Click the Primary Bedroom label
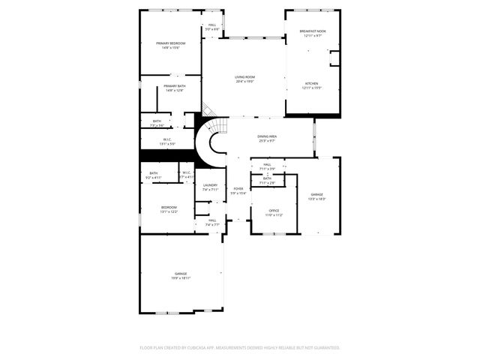point(171,43)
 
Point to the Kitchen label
point(311,83)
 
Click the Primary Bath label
point(175,86)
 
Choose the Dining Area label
point(267,136)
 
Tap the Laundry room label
point(210,185)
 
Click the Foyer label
point(238,189)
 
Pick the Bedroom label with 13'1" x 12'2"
point(169,207)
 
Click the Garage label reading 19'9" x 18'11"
point(181,274)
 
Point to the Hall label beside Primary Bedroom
point(212,25)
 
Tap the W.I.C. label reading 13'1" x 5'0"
point(168,139)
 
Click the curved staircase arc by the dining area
point(211,140)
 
